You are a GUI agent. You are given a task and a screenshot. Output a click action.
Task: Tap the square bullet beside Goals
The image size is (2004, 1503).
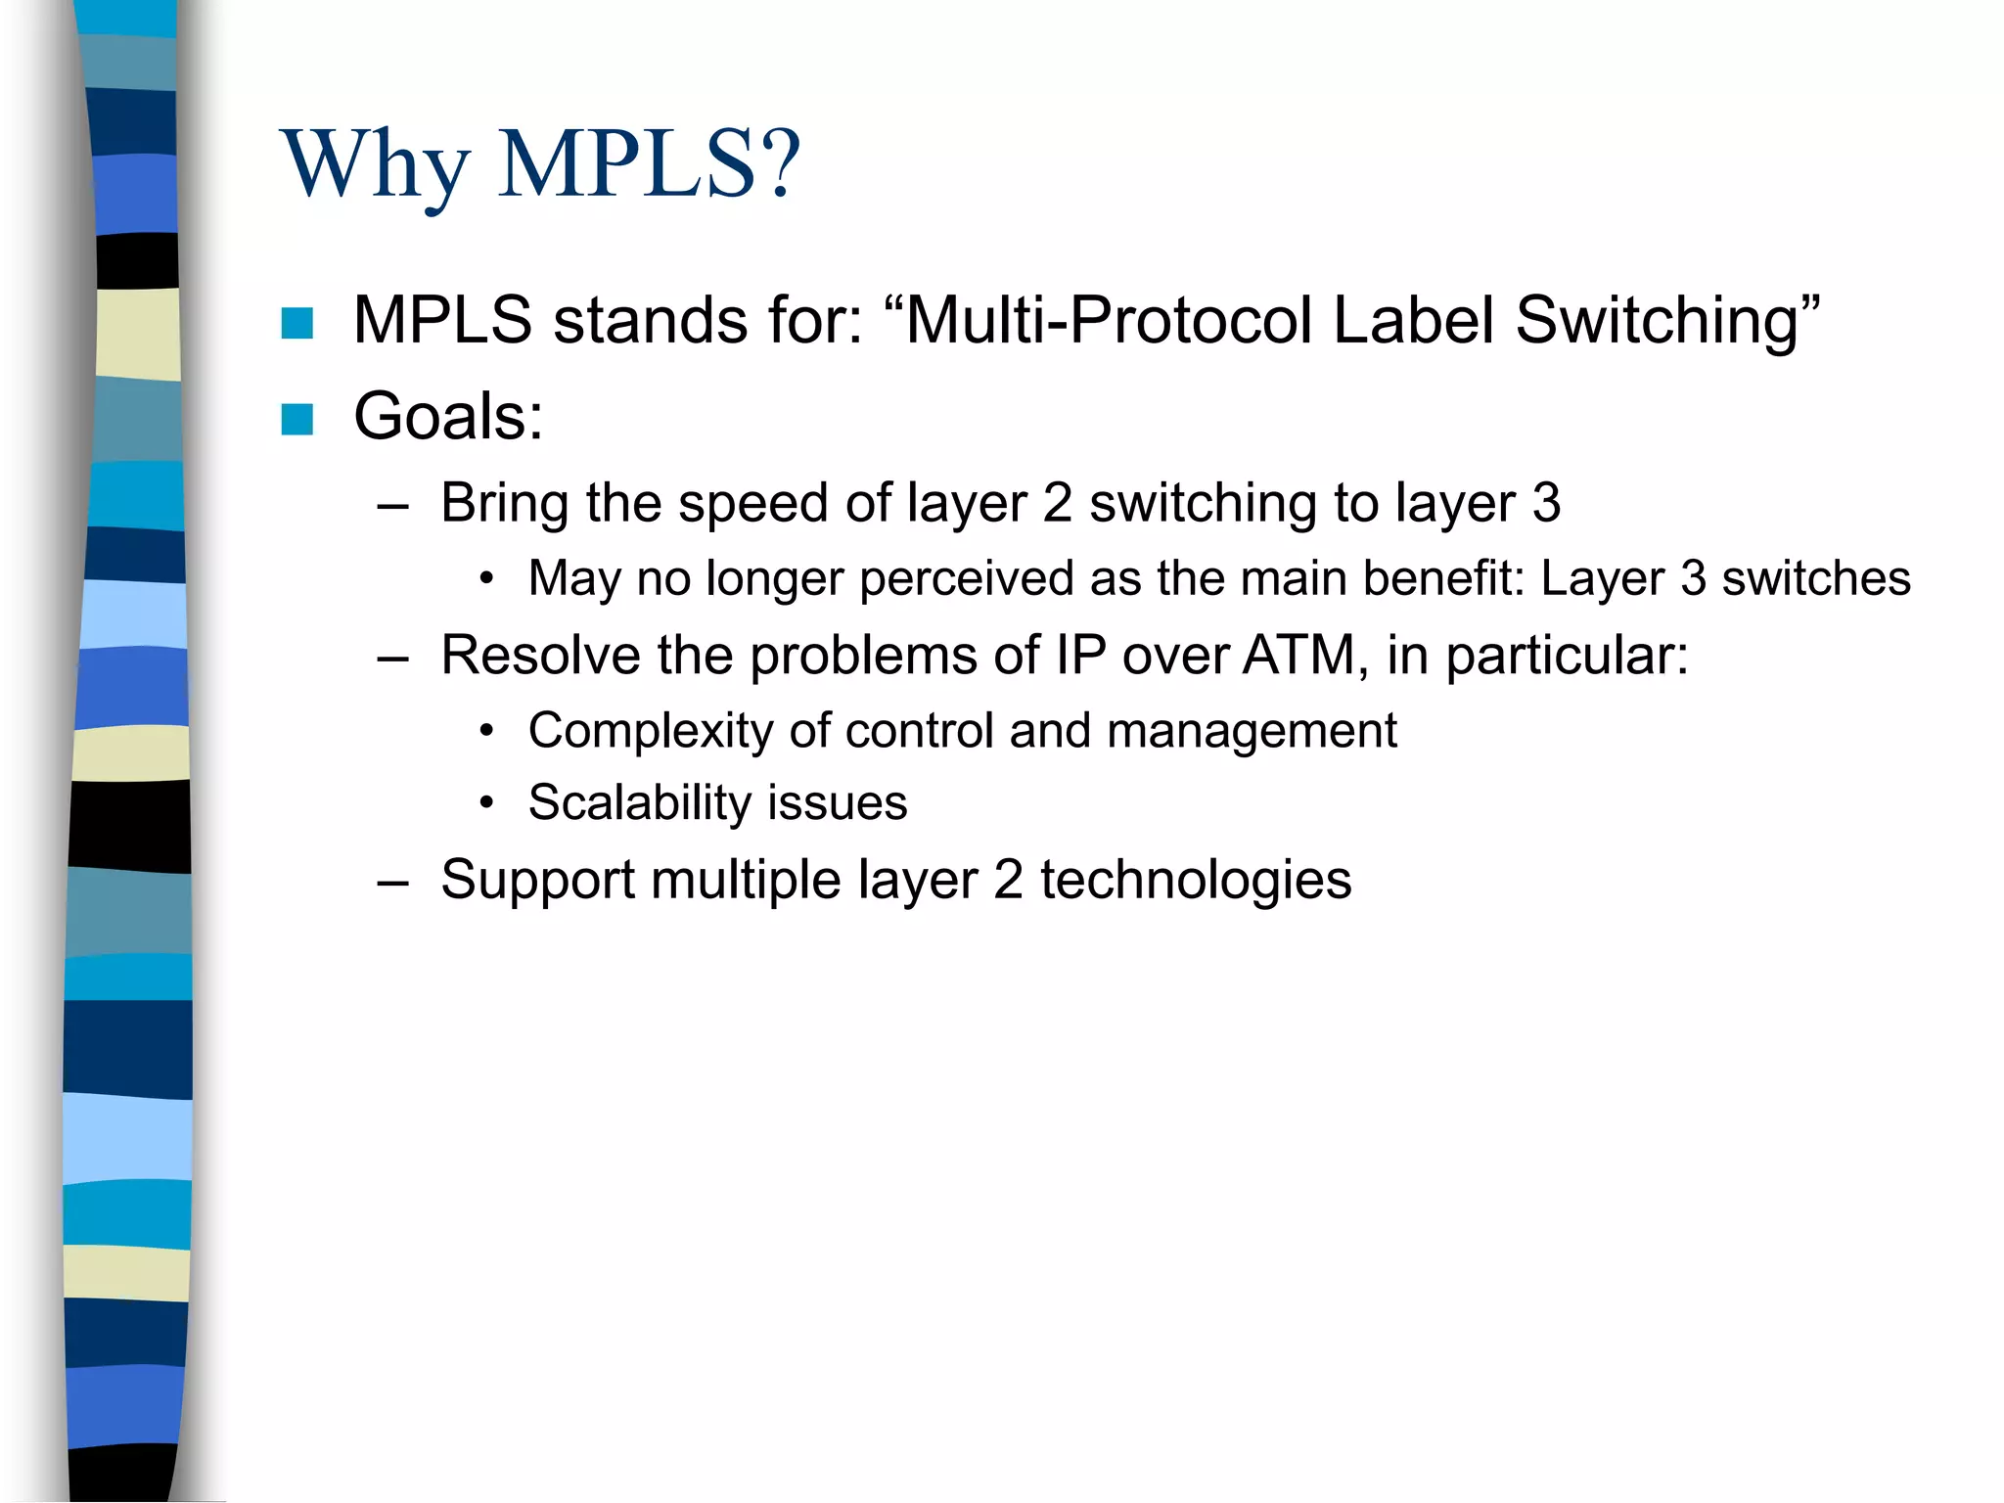[x=296, y=419]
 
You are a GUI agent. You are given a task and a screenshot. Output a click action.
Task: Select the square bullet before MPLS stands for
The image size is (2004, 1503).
[x=296, y=323]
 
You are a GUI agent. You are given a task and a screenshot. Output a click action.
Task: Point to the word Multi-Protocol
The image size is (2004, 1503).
[x=1110, y=321]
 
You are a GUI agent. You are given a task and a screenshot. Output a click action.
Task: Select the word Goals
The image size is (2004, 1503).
[x=440, y=417]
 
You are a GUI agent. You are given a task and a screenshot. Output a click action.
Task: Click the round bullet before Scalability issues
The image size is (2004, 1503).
[x=486, y=804]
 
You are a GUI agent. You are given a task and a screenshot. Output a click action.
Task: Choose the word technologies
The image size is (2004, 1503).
[x=1195, y=879]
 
